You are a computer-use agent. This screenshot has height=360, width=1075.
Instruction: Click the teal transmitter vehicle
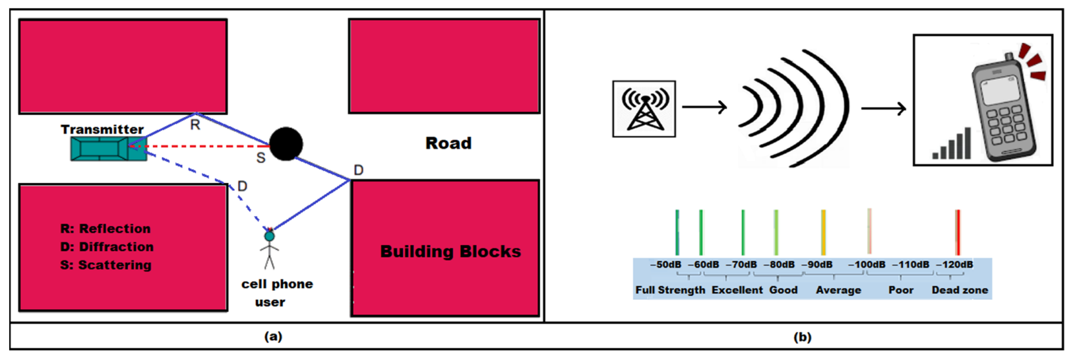coord(109,149)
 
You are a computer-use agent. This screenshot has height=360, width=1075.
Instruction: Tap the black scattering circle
coord(286,143)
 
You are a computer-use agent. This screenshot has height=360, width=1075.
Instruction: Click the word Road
coord(448,143)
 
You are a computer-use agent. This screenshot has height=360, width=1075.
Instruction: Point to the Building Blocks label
coord(450,251)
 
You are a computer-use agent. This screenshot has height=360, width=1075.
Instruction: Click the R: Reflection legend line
coord(105,229)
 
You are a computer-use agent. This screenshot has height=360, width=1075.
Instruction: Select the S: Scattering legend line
coord(106,265)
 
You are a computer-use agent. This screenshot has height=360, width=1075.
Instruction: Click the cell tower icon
coord(644,109)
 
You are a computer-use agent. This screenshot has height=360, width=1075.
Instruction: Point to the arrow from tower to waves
coord(704,107)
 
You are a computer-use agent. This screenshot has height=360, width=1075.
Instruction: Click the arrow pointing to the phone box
coord(883,108)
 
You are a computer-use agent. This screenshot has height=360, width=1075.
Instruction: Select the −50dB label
coord(665,265)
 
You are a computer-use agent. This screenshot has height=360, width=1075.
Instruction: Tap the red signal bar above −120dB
coord(957,232)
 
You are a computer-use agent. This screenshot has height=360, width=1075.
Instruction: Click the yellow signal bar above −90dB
coord(823,232)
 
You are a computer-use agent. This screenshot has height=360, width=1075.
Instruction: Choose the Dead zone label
coord(959,290)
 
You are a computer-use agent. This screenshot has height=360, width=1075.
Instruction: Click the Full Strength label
coord(670,290)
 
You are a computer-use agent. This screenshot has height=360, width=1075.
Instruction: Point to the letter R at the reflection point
coord(195,125)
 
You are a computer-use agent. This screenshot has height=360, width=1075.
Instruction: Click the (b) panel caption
coord(802,337)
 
